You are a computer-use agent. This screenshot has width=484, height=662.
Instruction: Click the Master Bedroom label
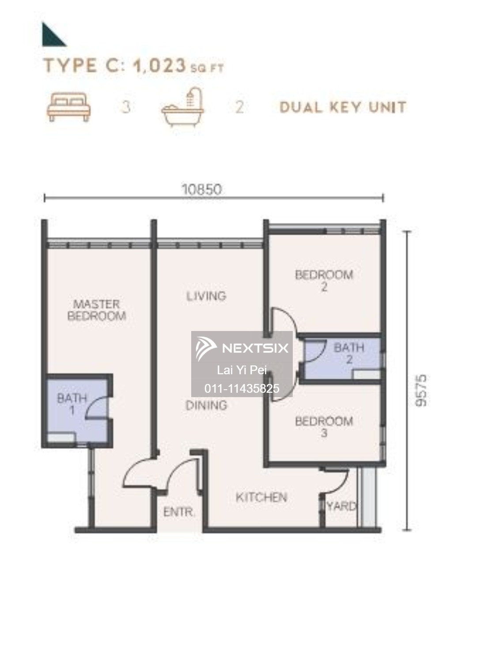click(97, 310)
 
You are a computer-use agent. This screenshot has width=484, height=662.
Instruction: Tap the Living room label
click(206, 296)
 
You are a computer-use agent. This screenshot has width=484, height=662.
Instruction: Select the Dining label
click(206, 405)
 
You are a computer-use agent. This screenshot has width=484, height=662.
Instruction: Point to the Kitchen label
click(261, 497)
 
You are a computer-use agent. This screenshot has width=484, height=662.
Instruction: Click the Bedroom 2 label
click(324, 281)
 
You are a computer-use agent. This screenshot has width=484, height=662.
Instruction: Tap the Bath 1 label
click(72, 404)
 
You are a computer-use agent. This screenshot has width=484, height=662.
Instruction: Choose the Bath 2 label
click(349, 354)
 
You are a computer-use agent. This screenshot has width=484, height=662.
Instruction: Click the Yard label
click(342, 506)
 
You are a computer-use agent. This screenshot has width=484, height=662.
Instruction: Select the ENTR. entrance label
click(179, 512)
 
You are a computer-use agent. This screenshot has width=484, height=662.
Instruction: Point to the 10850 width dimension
click(202, 189)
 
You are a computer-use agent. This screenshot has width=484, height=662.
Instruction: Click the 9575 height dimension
click(421, 391)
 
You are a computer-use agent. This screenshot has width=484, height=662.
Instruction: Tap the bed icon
click(68, 107)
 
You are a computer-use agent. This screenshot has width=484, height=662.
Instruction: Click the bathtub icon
click(182, 107)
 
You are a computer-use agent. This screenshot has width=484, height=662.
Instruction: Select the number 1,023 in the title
click(159, 66)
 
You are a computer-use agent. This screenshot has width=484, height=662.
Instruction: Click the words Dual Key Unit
click(343, 107)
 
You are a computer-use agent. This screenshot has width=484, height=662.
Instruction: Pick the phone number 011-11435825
click(242, 388)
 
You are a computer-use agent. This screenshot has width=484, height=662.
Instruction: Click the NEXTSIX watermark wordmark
click(255, 348)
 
